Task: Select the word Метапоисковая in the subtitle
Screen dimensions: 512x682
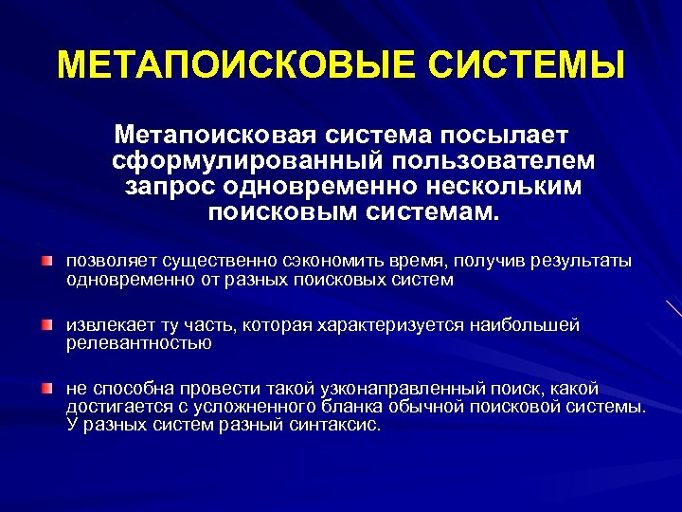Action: coord(215,129)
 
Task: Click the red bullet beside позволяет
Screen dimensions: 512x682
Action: coord(46,260)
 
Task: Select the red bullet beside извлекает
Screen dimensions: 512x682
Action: coord(46,325)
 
